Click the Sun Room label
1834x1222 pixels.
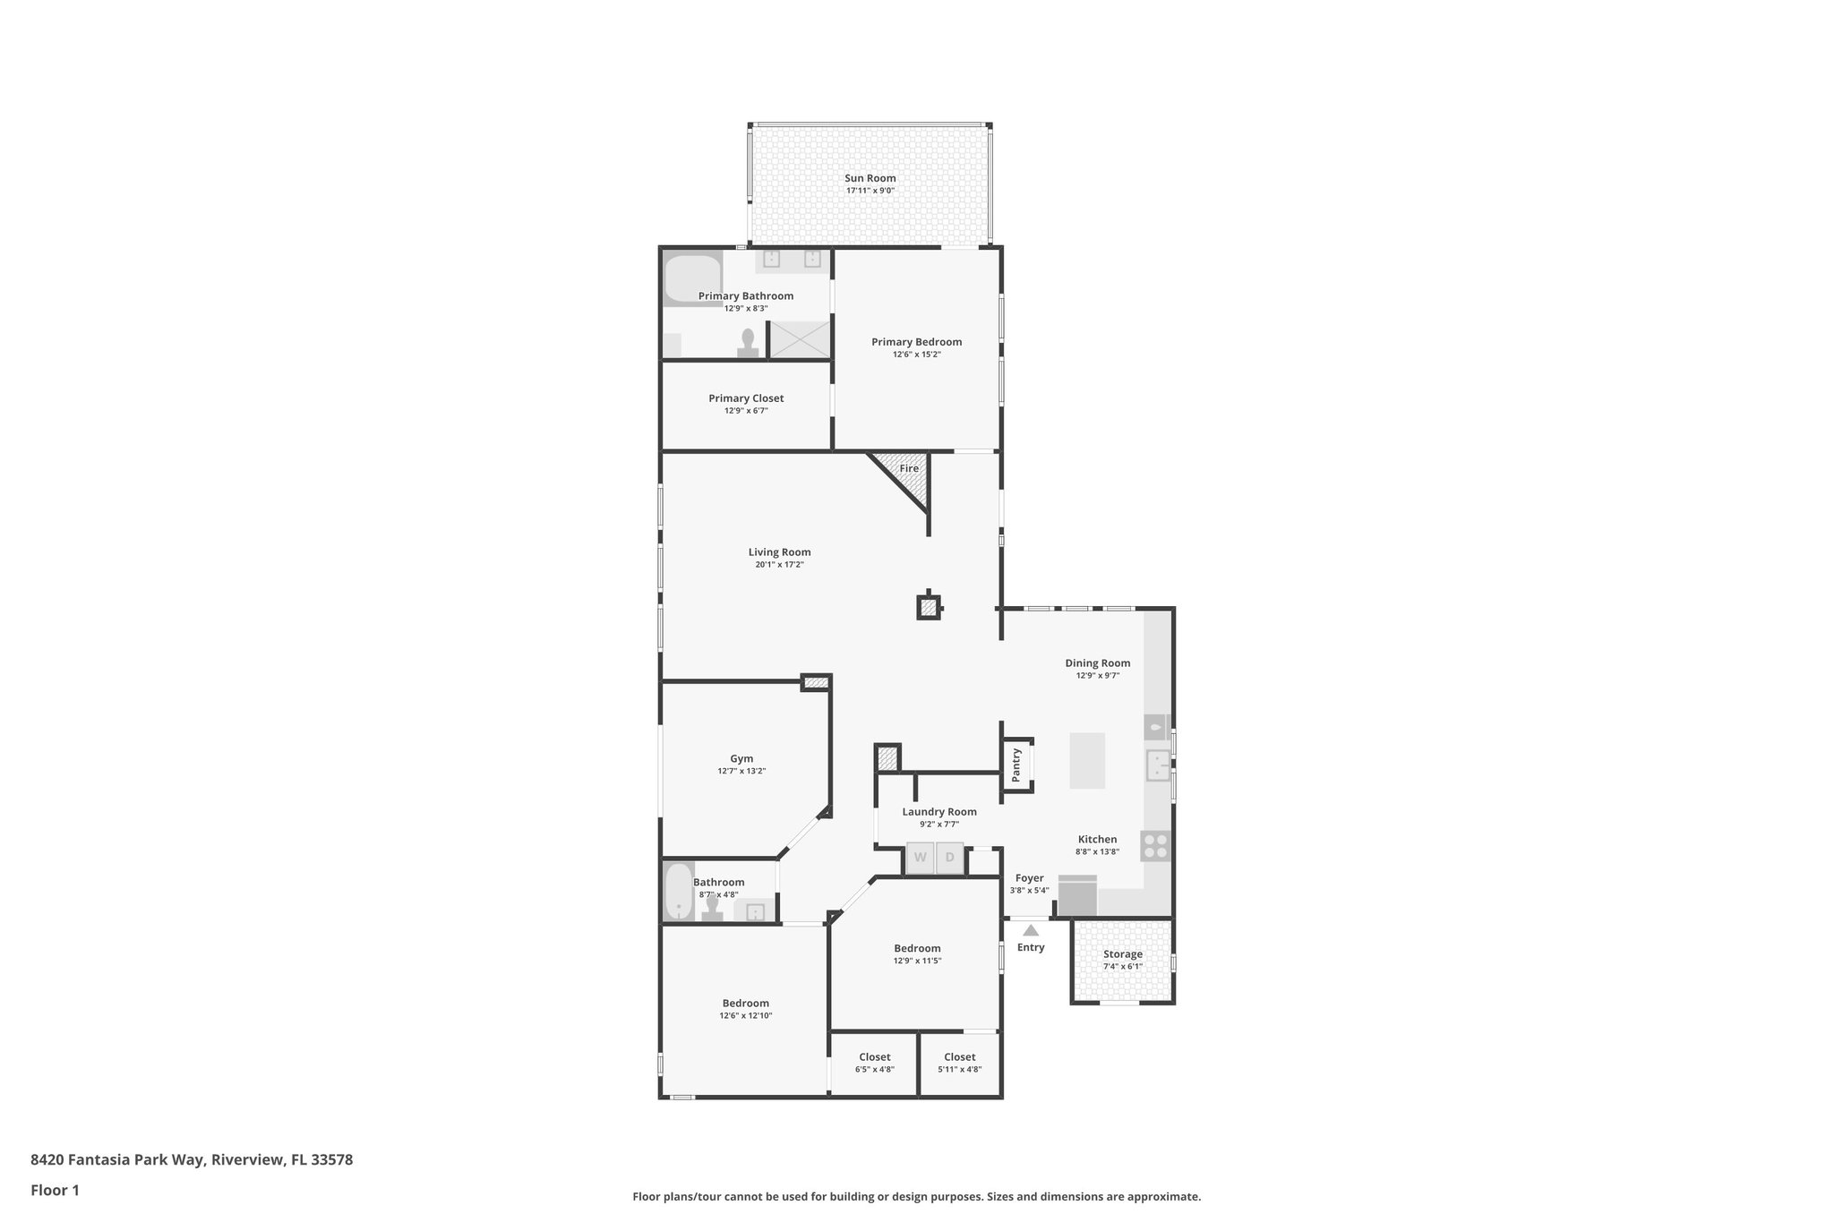(870, 178)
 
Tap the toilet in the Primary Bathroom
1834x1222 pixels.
(748, 345)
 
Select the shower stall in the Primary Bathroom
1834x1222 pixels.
(800, 339)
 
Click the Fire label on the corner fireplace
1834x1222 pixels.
(909, 468)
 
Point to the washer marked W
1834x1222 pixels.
(920, 858)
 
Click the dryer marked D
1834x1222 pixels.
(950, 858)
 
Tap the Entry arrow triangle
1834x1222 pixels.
(1031, 930)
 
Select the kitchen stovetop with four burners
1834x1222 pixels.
(1155, 845)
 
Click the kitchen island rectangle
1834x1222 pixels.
(1087, 760)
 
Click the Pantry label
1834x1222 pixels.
(1016, 765)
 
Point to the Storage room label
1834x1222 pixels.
(1122, 954)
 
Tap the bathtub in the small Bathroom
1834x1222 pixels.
(679, 891)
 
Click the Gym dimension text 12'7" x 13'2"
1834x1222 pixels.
(741, 771)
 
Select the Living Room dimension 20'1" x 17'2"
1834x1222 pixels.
(779, 565)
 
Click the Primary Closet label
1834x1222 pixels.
(746, 398)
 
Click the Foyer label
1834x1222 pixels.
(1029, 878)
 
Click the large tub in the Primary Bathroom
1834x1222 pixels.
(692, 278)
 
